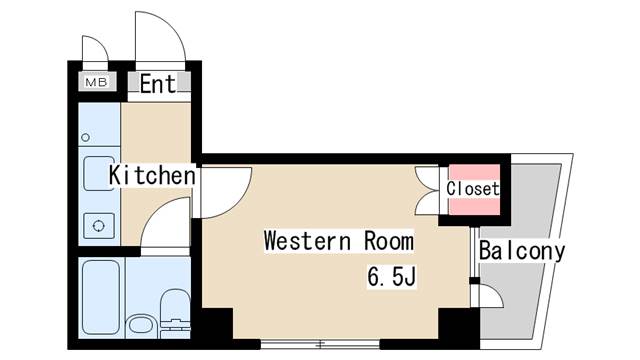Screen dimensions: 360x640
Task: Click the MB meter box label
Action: (97, 83)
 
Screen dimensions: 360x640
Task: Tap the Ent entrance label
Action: (158, 84)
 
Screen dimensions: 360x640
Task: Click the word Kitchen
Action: (152, 176)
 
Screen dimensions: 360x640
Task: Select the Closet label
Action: (473, 188)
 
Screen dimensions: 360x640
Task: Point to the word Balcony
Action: (522, 251)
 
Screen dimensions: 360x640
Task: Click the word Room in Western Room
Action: (381, 242)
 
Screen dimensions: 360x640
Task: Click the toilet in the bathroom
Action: (174, 309)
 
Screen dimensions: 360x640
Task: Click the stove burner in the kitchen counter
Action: (99, 225)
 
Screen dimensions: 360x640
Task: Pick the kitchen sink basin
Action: (99, 170)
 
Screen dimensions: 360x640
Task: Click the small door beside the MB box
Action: (93, 52)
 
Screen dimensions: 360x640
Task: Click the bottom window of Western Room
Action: (320, 344)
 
